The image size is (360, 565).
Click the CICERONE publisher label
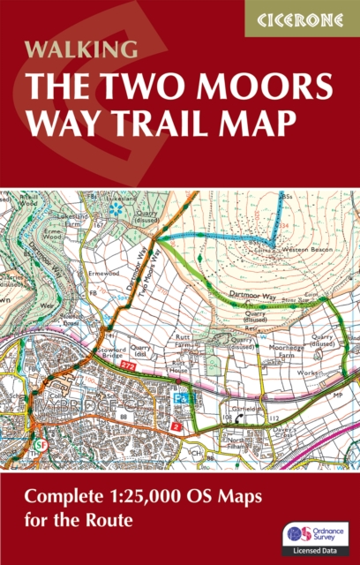click(x=302, y=19)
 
